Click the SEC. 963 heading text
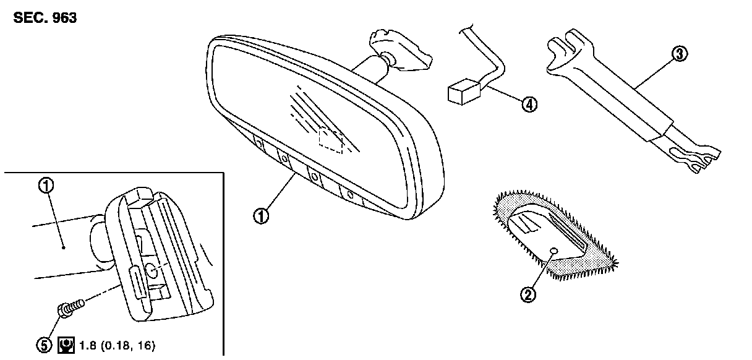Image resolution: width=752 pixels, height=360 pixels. click(45, 18)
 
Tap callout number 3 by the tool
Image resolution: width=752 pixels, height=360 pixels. click(678, 54)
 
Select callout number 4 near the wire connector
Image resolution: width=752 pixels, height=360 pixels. click(528, 105)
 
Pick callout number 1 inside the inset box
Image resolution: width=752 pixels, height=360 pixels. click(46, 185)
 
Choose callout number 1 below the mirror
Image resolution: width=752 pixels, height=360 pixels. click(262, 216)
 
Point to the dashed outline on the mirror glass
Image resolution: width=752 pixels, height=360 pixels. click(331, 140)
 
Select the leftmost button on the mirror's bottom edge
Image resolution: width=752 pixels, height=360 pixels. click(259, 144)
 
